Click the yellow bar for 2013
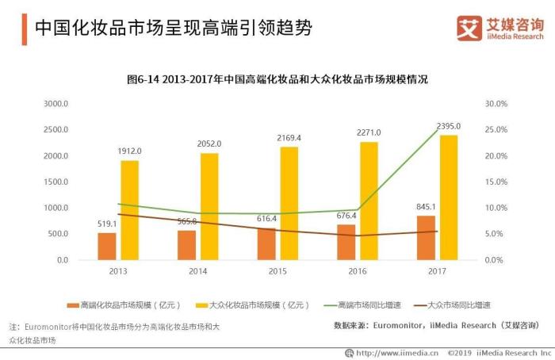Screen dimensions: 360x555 point(129,210)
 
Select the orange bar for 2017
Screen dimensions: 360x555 point(426,238)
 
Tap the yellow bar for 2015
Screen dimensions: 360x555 point(289,203)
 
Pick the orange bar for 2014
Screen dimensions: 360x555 point(186,245)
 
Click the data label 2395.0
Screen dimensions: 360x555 point(448,126)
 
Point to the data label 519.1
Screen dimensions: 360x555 point(106,224)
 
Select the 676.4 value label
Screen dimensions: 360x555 point(346,216)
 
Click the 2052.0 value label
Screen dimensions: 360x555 point(209,144)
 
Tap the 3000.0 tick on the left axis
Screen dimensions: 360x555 point(56,104)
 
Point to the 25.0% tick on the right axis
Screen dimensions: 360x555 point(496,130)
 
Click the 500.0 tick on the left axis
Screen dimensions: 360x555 point(59,234)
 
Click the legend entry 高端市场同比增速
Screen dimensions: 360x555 point(350,304)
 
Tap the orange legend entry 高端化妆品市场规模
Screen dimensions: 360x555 point(124,304)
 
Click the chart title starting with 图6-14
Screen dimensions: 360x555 point(277,79)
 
